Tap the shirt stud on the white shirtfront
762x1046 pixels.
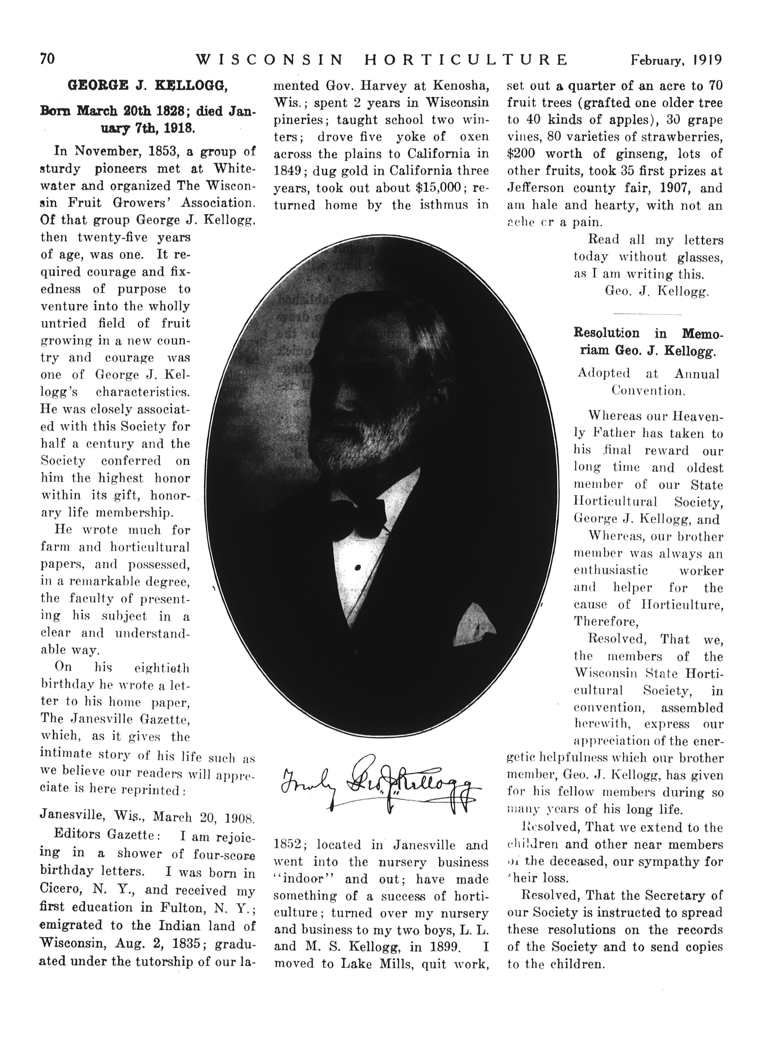357,568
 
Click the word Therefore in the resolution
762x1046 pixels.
606,622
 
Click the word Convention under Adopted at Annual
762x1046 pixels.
648,390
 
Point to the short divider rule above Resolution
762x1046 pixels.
648,314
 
